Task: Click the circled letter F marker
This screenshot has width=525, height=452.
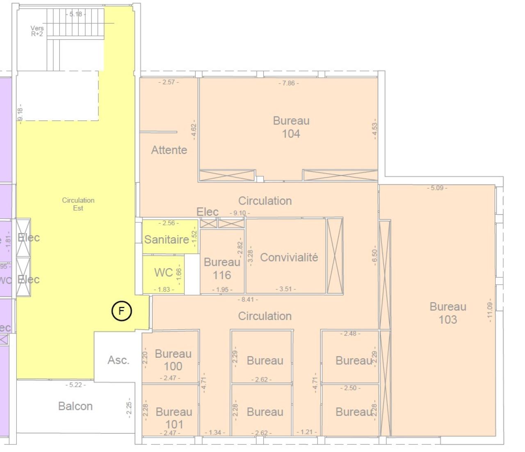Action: (121, 311)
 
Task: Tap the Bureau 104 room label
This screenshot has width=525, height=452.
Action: (291, 127)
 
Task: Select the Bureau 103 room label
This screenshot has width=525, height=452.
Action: (447, 313)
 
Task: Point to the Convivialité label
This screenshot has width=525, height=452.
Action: (289, 257)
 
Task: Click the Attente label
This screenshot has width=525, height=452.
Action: (169, 150)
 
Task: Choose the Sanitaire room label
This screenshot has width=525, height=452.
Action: (167, 239)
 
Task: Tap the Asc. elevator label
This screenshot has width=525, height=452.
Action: (118, 360)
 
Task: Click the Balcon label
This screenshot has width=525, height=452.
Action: (75, 406)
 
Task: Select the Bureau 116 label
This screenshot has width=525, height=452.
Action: (222, 268)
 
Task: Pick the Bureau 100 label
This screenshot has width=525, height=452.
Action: (173, 360)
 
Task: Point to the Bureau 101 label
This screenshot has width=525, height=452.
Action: (174, 418)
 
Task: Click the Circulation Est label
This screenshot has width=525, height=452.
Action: (78, 204)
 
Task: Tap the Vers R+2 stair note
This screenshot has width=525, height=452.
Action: (37, 31)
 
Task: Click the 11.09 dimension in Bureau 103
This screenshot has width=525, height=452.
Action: (489, 310)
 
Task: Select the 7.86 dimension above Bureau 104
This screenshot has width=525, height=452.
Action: (289, 83)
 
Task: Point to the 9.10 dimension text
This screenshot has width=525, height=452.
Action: (240, 213)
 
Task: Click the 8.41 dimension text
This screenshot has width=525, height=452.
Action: (248, 300)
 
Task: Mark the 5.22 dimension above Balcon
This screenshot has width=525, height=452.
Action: (75, 385)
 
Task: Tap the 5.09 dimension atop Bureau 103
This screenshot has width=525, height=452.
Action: (437, 188)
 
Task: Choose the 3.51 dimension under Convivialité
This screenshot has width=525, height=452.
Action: (285, 289)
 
